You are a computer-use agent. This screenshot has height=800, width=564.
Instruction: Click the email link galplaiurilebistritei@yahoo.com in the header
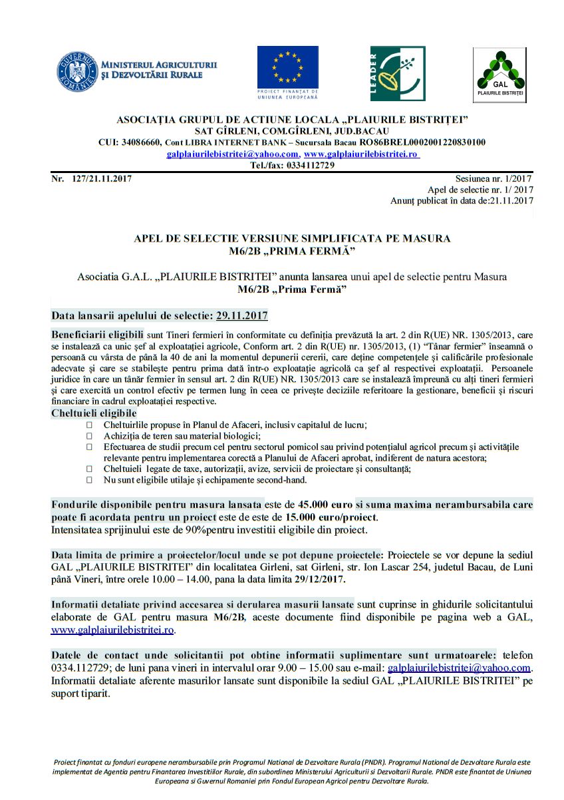(232, 154)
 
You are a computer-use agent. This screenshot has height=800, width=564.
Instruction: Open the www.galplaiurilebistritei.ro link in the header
(360, 154)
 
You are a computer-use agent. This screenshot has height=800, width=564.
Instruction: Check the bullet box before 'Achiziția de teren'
(90, 435)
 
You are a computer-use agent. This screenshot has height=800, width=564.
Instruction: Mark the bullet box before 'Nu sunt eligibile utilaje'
(90, 480)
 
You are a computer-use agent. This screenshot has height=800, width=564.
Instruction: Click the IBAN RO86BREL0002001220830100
(422, 142)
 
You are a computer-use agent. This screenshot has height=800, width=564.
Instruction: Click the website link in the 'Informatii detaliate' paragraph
(112, 629)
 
